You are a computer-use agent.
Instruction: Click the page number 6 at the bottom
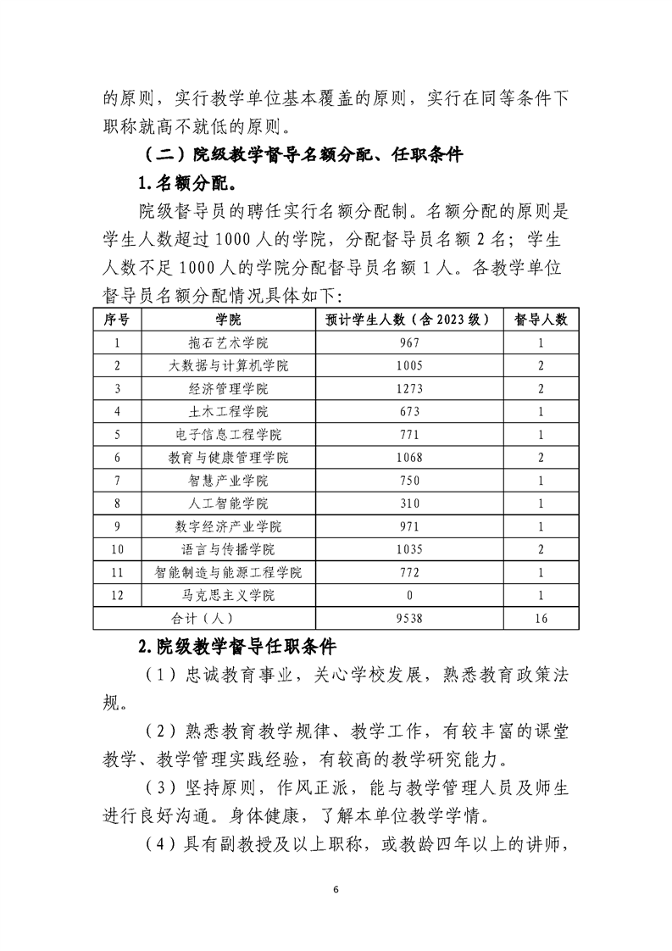(x=336, y=889)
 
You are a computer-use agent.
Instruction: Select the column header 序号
(x=117, y=320)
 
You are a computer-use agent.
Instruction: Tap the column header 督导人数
(x=541, y=320)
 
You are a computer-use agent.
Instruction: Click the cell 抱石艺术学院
(x=228, y=342)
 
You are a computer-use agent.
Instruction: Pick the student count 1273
(x=408, y=388)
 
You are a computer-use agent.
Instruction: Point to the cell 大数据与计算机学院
(x=228, y=365)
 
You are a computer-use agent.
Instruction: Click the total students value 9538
(x=408, y=619)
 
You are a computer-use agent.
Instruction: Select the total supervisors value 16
(x=541, y=619)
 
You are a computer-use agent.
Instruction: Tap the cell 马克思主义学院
(x=228, y=595)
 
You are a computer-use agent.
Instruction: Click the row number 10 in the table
(x=117, y=549)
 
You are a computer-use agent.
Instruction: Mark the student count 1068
(x=408, y=458)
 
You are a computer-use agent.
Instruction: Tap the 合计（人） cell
(x=203, y=619)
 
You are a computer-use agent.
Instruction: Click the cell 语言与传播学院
(x=228, y=549)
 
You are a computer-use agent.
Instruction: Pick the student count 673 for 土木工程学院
(x=408, y=411)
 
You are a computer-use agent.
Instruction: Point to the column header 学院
(x=228, y=320)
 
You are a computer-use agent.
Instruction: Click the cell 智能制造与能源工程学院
(x=228, y=572)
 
